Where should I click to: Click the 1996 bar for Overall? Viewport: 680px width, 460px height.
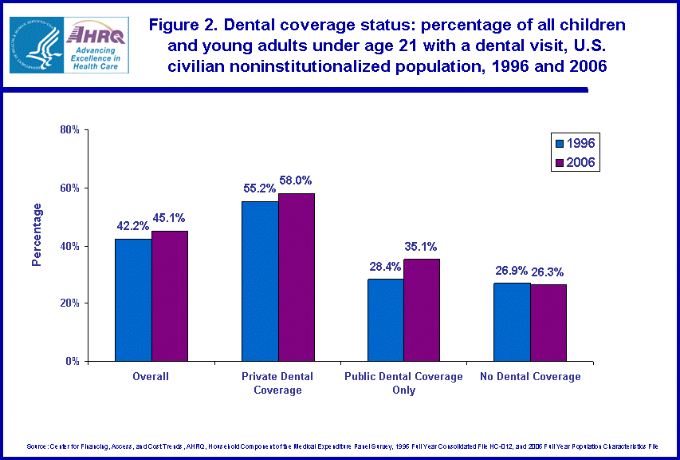click(x=134, y=299)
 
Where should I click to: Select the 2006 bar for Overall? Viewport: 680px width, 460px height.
click(x=170, y=295)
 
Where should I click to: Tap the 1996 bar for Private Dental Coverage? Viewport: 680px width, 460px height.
click(x=260, y=281)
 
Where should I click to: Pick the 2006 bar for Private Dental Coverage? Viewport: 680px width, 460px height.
click(x=296, y=277)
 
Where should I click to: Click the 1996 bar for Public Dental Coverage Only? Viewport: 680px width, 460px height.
click(x=386, y=319)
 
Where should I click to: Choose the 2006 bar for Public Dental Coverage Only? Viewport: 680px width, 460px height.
click(x=421, y=310)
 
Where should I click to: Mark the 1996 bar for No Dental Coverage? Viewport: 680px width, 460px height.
click(x=512, y=322)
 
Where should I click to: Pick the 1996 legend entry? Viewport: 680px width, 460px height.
click(x=575, y=144)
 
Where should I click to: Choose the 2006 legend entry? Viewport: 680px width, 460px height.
click(x=575, y=162)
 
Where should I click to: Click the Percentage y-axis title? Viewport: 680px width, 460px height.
click(x=36, y=235)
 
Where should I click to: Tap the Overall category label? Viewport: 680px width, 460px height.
click(x=151, y=377)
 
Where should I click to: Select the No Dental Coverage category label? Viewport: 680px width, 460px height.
click(x=529, y=377)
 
